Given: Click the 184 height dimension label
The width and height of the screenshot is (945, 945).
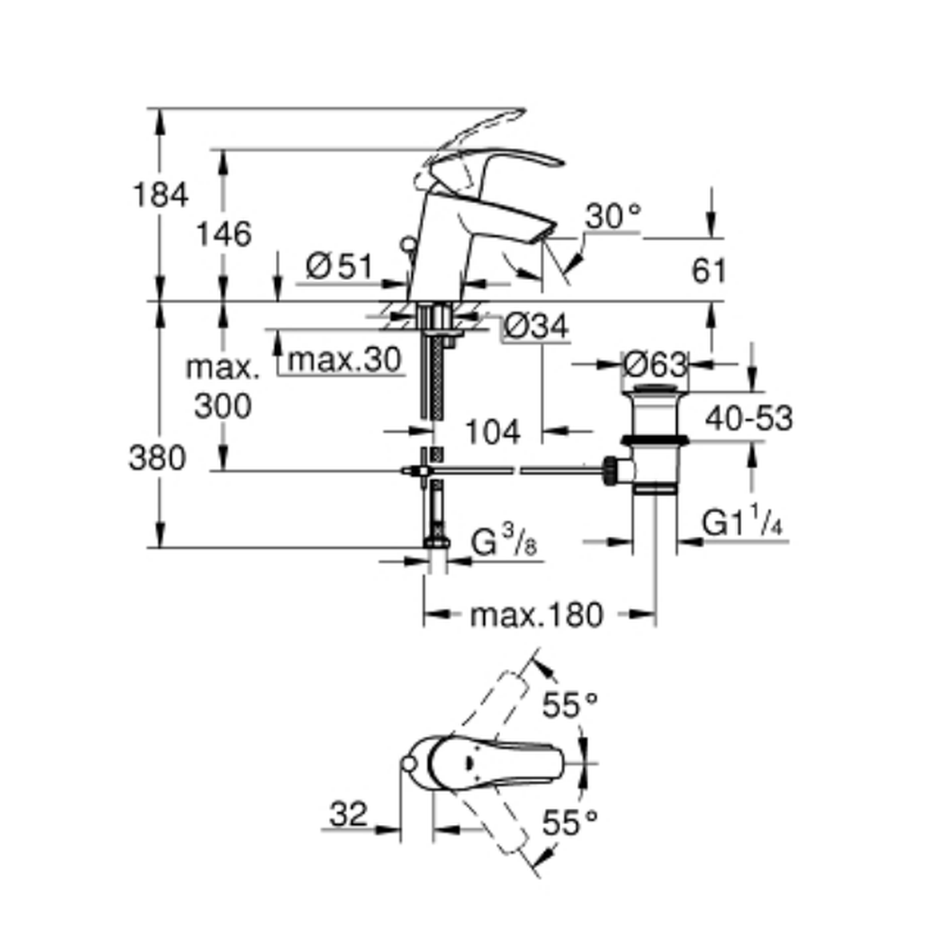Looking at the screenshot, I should tap(162, 196).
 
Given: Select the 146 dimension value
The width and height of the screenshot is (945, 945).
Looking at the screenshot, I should tap(225, 233).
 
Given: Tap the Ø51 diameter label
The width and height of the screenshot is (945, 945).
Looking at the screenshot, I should tap(340, 266).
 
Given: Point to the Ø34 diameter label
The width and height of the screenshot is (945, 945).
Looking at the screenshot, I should tap(535, 328).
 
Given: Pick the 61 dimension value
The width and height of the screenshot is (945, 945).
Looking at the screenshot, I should tap(710, 271).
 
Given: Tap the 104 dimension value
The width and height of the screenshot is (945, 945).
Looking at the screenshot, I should tap(493, 432).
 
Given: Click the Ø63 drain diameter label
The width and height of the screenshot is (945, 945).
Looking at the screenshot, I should tap(655, 362).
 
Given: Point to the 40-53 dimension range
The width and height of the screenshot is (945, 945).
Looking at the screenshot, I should tap(751, 418).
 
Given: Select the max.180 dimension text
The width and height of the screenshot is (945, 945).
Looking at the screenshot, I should tap(537, 616).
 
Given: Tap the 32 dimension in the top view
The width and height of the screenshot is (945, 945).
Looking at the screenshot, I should tap(349, 814).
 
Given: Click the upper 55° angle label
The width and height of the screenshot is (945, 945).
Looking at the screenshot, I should tap(571, 704).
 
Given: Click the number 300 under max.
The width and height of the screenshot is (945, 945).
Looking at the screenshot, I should tap(223, 407).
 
